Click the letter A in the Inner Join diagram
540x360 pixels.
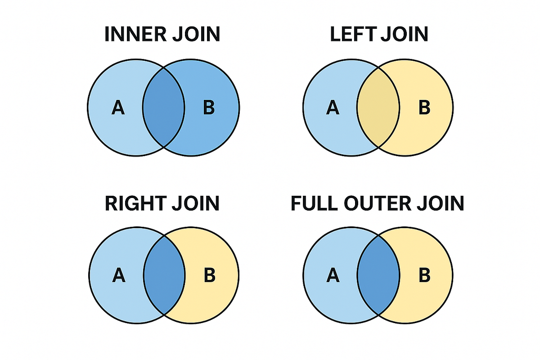[x=118, y=108]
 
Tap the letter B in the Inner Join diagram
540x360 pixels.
[x=209, y=108]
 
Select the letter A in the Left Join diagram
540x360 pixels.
[x=333, y=108]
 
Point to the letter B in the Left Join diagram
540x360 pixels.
[x=424, y=108]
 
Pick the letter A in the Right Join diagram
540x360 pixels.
[x=118, y=275]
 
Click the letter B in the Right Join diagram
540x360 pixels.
[x=209, y=275]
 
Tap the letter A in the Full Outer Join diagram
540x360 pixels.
[x=333, y=275]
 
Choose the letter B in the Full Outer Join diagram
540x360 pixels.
[x=424, y=275]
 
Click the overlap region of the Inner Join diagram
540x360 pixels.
[x=164, y=108]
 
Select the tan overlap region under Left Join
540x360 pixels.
[x=378, y=108]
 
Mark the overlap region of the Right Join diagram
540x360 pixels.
[x=164, y=275]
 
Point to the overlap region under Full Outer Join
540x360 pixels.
[x=378, y=275]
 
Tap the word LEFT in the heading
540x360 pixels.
[x=352, y=35]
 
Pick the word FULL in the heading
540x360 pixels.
[x=314, y=203]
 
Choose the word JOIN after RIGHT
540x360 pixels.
[x=196, y=203]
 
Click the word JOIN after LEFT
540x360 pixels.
[x=404, y=35]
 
